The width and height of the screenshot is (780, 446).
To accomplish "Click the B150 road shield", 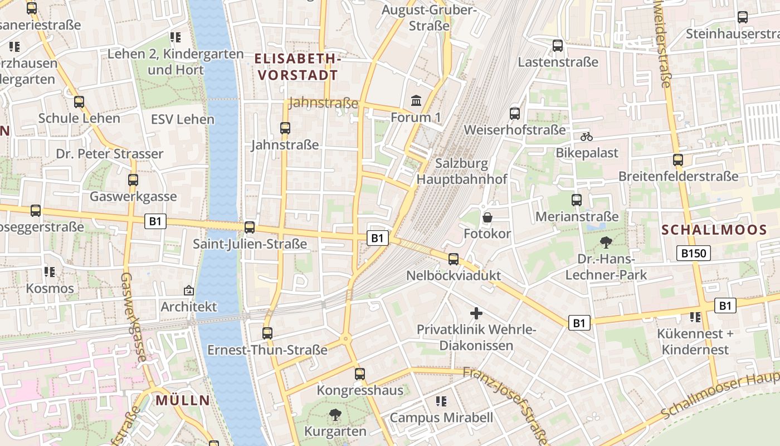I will (x=694, y=254).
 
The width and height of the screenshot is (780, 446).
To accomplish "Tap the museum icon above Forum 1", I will (x=416, y=101).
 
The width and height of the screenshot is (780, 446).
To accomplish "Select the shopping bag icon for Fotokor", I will (x=487, y=217).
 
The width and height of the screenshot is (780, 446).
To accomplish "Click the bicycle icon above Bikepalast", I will (x=586, y=136).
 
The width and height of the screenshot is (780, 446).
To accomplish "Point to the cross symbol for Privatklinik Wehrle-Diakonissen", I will (x=476, y=313).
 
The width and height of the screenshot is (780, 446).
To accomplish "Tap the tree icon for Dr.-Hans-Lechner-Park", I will (x=606, y=243).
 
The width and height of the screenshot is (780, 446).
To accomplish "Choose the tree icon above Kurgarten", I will (x=335, y=414).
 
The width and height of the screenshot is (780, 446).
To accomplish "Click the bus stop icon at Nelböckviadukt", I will (x=454, y=259).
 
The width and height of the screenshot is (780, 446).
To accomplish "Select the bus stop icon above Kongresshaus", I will (x=360, y=374).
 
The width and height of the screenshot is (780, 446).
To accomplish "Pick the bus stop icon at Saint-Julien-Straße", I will (x=250, y=227).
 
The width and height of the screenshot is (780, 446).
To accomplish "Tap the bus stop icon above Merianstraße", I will (x=577, y=200).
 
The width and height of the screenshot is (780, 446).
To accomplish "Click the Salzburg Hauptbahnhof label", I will (x=462, y=171).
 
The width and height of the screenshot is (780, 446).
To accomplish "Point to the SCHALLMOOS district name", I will (x=714, y=230).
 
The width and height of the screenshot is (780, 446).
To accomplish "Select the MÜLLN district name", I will (x=183, y=400).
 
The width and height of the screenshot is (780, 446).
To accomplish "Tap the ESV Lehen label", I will (x=182, y=119).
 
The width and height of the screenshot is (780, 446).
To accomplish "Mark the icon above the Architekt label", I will (x=188, y=290).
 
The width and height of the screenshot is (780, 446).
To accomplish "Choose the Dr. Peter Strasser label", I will (x=109, y=153).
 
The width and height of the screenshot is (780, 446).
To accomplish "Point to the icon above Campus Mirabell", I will (x=441, y=401).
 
